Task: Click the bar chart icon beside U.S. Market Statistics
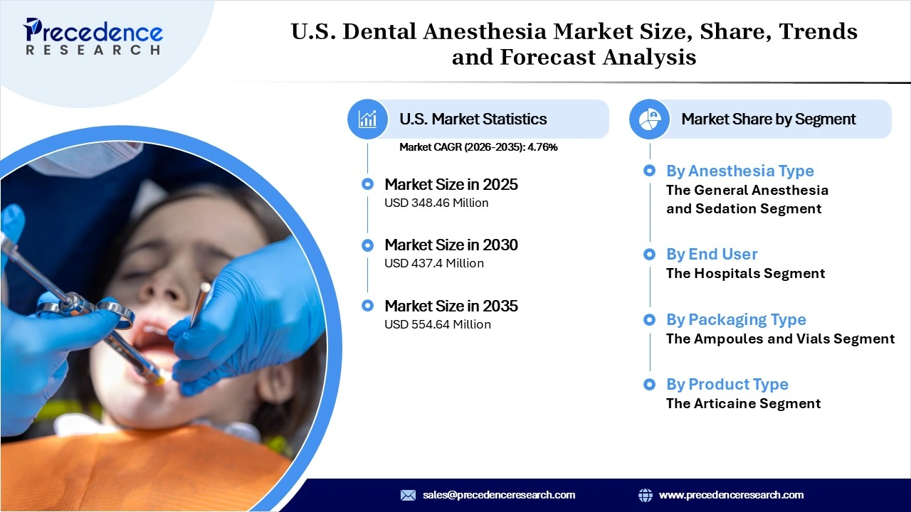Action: [367, 119]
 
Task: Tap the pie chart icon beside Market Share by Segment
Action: [649, 119]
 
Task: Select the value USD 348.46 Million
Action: [436, 203]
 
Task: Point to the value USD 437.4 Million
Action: [434, 263]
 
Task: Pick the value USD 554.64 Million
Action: [438, 324]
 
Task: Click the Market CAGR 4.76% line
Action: [478, 147]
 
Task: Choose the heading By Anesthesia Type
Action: [739, 171]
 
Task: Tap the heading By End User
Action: [712, 254]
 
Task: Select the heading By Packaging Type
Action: [736, 319]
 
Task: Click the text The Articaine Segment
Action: [743, 404]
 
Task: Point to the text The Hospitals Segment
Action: [745, 273]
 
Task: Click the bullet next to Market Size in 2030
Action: [367, 245]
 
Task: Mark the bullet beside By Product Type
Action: [649, 385]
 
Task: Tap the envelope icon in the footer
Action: [408, 495]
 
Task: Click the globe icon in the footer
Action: [646, 495]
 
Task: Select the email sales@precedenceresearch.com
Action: [499, 495]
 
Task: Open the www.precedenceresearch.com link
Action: [731, 495]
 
